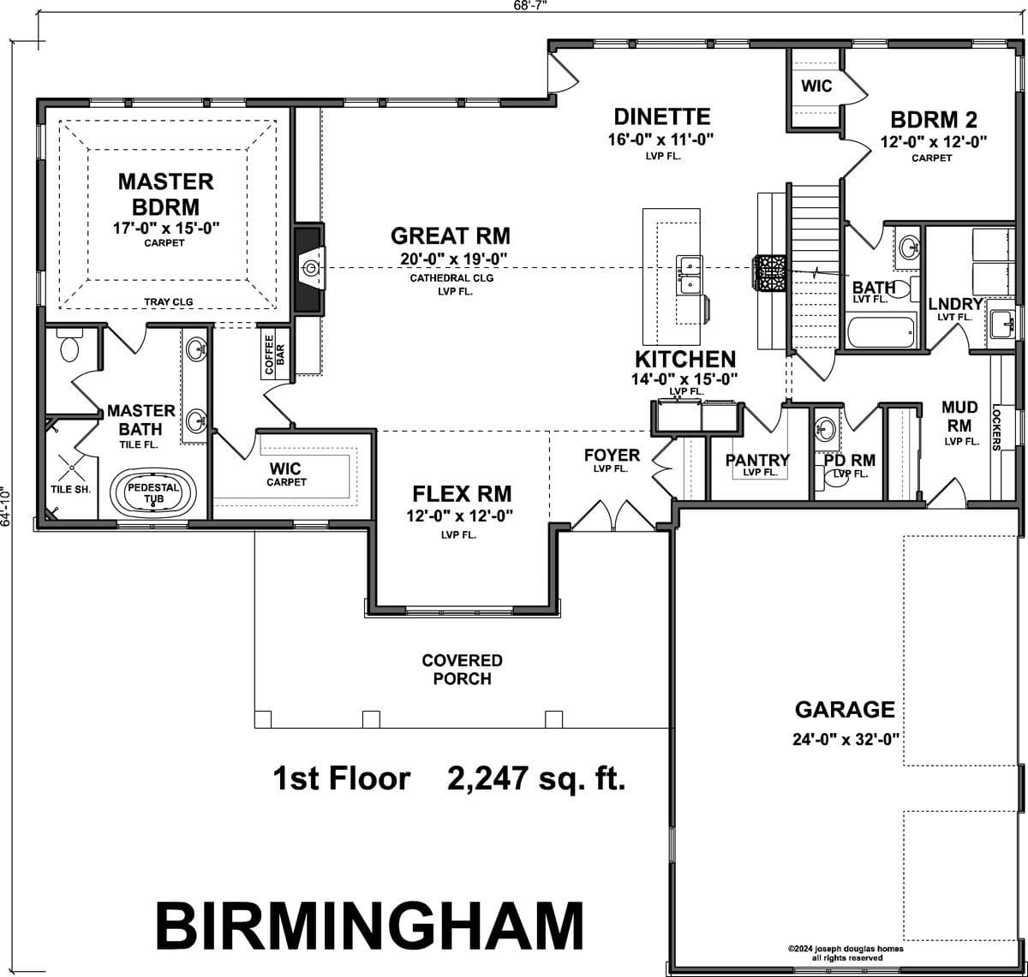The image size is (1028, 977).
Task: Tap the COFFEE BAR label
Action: [275, 355]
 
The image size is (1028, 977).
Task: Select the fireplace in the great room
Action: [309, 269]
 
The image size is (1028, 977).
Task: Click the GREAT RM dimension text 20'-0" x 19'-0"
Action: [454, 259]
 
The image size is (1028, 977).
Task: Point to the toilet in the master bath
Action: [69, 346]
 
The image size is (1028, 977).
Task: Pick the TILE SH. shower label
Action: [70, 489]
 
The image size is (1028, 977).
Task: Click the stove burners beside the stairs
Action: [769, 272]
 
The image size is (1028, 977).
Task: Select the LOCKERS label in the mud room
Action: [995, 427]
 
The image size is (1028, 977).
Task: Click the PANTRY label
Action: [757, 460]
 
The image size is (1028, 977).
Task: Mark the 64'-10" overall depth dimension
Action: [5, 507]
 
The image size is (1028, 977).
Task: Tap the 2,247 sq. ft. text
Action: [536, 778]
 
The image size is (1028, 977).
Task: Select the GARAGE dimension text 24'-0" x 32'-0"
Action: [846, 739]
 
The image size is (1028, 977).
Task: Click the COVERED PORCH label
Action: [463, 669]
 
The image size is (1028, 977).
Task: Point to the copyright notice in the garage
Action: [846, 953]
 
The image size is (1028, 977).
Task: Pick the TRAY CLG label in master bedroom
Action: [169, 301]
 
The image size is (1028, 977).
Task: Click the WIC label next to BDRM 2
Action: [816, 86]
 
